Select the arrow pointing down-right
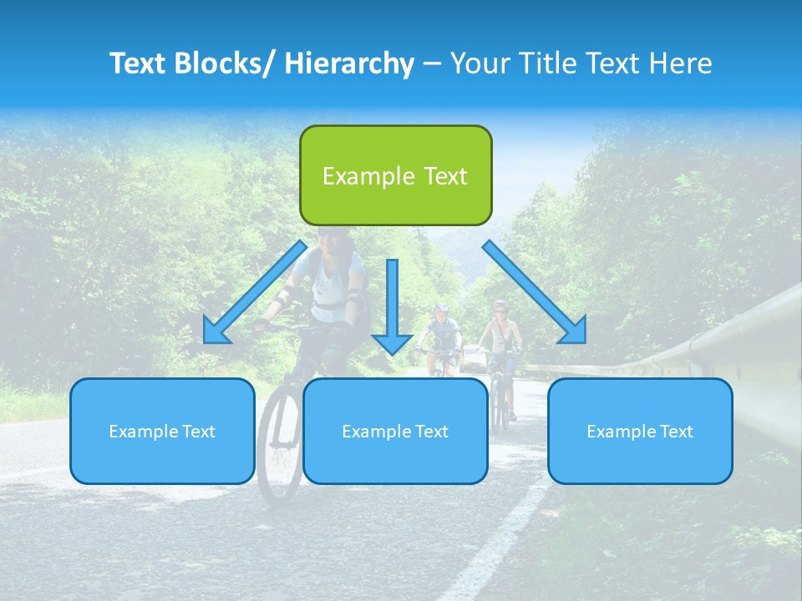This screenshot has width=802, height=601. [535, 293]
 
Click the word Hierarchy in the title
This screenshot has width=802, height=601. [349, 63]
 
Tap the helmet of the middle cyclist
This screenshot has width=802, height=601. [440, 308]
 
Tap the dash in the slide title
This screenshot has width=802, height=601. [432, 64]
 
